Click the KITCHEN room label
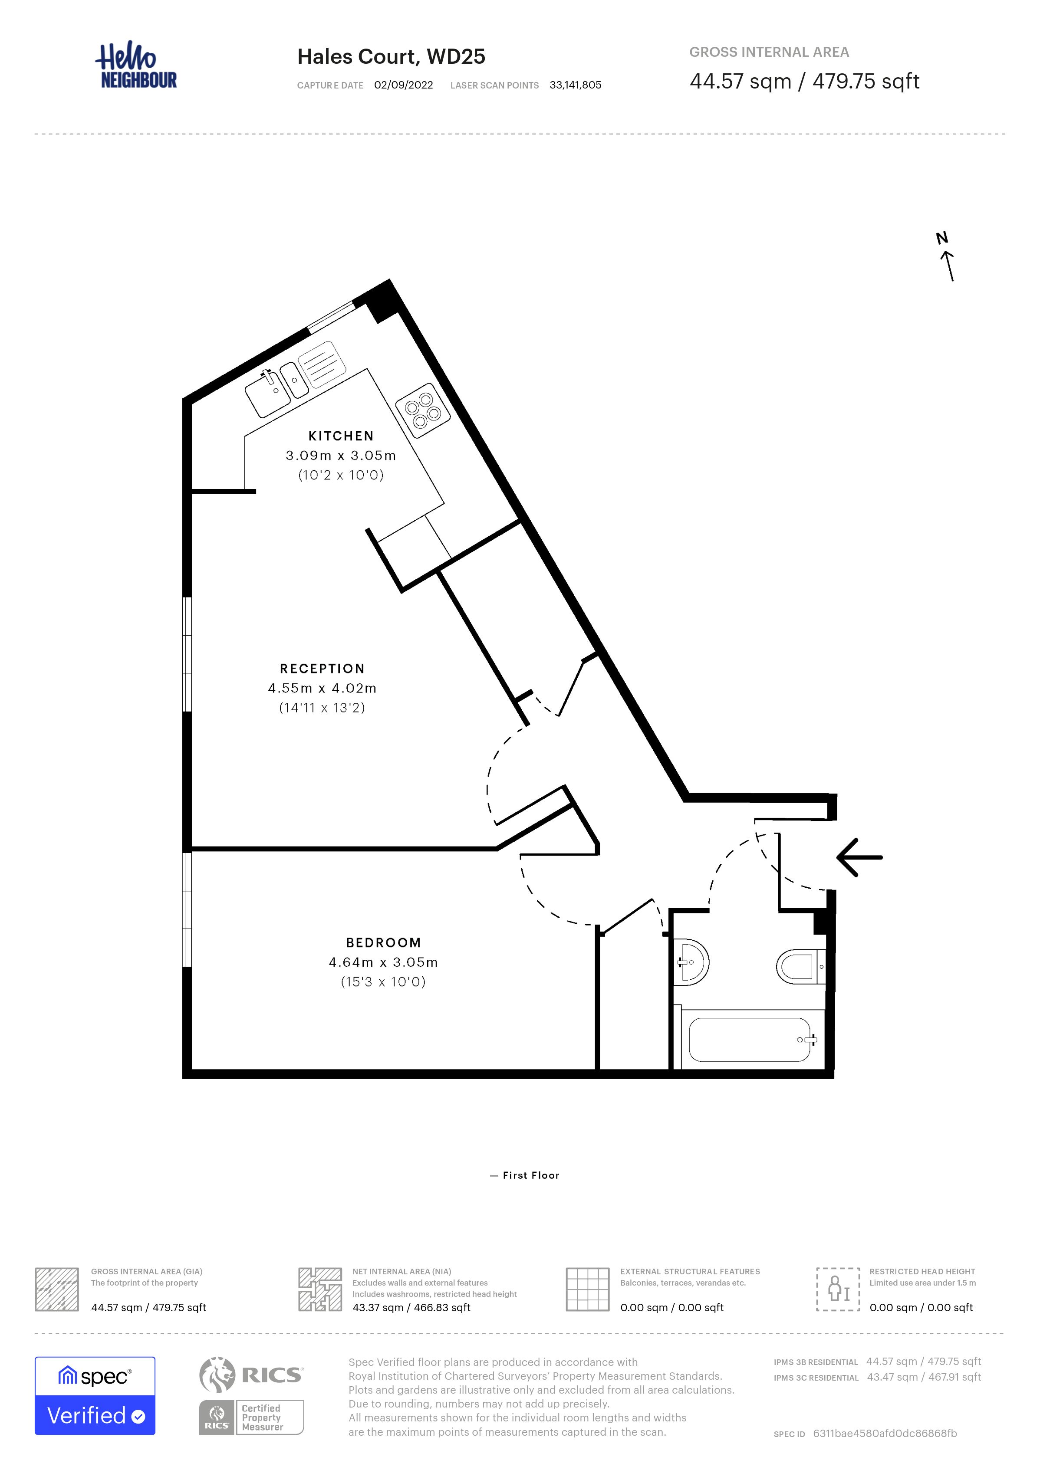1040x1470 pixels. (x=341, y=436)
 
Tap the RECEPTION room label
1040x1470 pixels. (x=322, y=669)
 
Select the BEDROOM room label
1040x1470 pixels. (x=384, y=942)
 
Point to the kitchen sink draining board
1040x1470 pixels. (x=322, y=364)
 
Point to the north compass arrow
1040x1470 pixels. (x=948, y=266)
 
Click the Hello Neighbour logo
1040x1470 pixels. (x=136, y=66)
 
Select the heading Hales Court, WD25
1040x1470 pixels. (x=391, y=57)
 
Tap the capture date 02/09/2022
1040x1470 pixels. (x=403, y=85)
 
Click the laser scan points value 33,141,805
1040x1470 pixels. (x=575, y=85)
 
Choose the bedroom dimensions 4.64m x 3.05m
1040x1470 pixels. (x=384, y=962)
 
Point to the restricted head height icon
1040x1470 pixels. (x=838, y=1290)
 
